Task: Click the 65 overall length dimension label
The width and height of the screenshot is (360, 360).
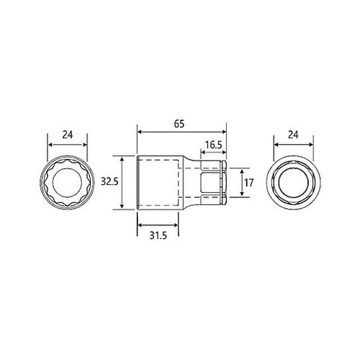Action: click(179, 124)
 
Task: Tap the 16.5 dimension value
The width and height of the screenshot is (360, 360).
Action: click(213, 145)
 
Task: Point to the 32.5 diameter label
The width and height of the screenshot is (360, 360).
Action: click(109, 182)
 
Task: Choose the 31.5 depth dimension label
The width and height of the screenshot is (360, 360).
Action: click(158, 235)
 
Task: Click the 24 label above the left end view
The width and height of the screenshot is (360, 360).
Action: click(67, 133)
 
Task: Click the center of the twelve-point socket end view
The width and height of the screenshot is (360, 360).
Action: click(67, 183)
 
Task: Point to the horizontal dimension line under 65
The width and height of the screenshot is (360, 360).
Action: click(181, 132)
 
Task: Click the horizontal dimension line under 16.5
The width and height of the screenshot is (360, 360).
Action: click(213, 152)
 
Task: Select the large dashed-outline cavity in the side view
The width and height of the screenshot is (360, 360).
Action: click(158, 183)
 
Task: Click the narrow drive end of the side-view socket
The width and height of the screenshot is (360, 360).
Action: click(212, 183)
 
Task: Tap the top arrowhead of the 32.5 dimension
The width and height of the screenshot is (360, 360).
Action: click(122, 158)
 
